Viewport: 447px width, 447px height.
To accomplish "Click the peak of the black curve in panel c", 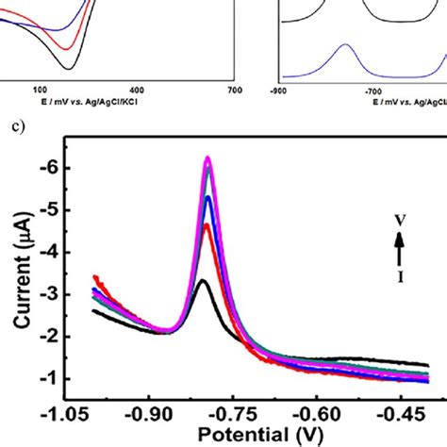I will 202,280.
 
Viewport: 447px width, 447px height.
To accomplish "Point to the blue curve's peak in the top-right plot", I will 346,45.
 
